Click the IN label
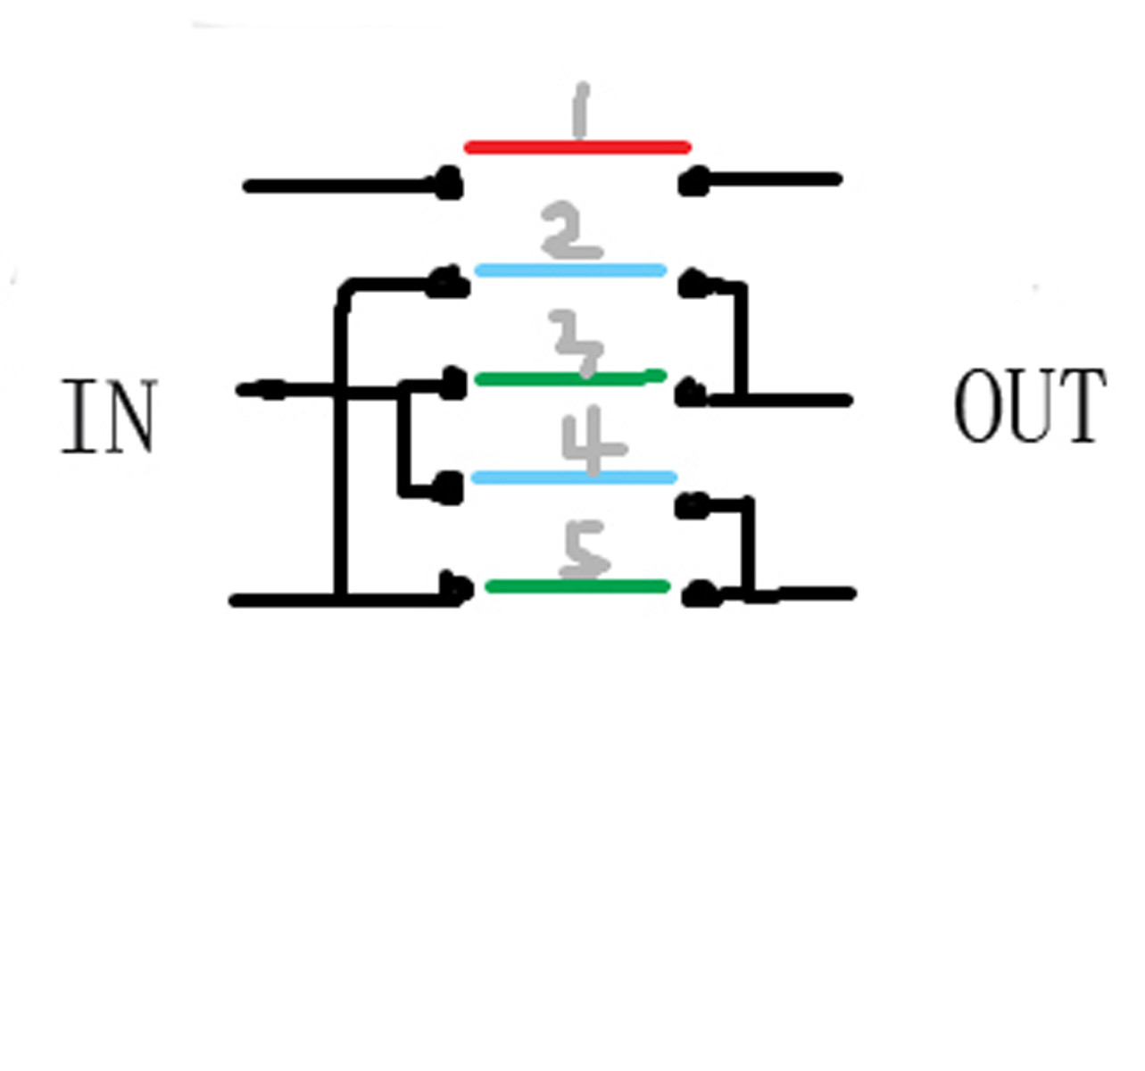[x=109, y=417]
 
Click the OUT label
[x=1030, y=406]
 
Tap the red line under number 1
[x=577, y=147]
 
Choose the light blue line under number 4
[x=574, y=477]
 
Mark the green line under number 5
[x=577, y=586]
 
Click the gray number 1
[x=581, y=111]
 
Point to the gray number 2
[x=571, y=232]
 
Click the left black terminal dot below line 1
[x=449, y=186]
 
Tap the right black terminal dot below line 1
[x=693, y=182]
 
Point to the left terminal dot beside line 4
[x=449, y=488]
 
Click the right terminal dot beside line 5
[x=700, y=594]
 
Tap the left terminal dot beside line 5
[x=457, y=589]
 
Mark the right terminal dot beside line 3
[x=690, y=394]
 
